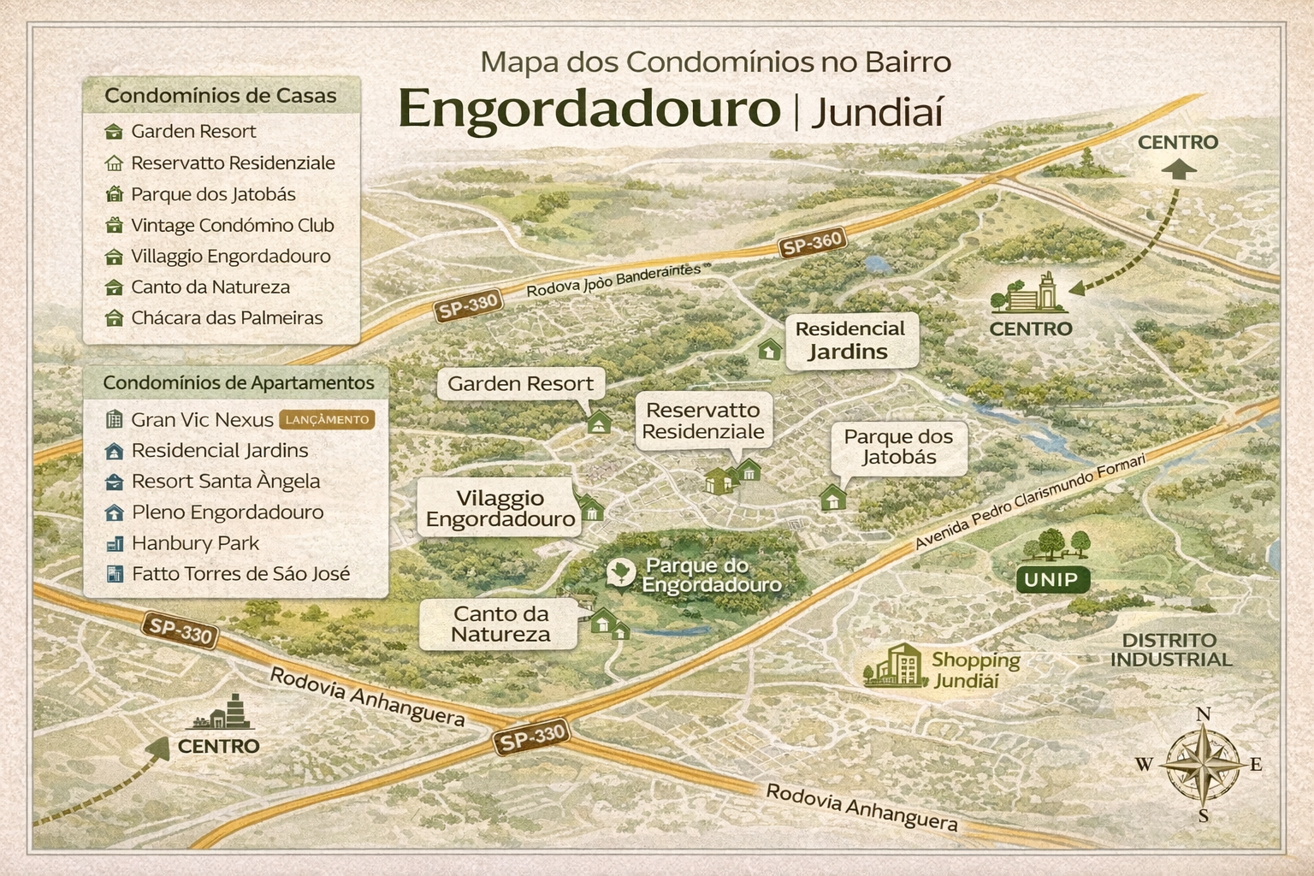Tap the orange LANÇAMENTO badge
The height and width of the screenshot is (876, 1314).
[327, 419]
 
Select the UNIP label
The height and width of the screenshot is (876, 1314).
[1051, 579]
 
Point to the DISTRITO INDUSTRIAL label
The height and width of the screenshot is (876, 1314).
[1170, 650]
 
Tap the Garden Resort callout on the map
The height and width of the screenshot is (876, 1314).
[520, 384]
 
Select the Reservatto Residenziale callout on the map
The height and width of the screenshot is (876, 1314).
[703, 421]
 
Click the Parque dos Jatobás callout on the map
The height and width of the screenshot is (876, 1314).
[898, 447]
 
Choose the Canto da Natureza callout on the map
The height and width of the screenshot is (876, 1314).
[500, 624]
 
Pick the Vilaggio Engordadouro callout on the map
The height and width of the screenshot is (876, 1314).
[500, 508]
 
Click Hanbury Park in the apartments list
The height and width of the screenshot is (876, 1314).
[195, 543]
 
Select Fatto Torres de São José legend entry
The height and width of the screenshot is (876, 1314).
[240, 574]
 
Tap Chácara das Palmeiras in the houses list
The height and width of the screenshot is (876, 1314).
[227, 318]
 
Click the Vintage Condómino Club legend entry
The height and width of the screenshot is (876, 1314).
[232, 226]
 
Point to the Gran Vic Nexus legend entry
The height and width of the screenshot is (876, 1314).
[202, 420]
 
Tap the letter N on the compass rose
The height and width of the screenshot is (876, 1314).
[1203, 714]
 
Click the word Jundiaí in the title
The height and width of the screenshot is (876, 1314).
[877, 113]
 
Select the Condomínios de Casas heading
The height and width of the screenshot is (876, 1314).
[221, 96]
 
